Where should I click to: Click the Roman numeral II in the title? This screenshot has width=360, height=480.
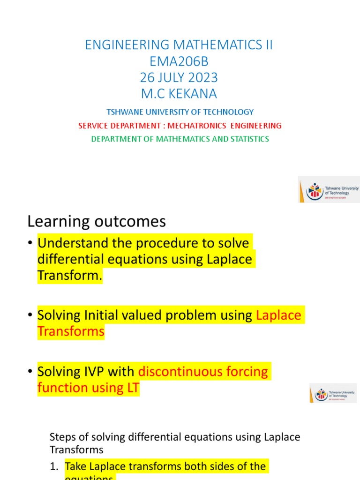click(x=267, y=45)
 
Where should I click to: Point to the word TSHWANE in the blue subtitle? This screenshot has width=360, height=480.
click(x=122, y=112)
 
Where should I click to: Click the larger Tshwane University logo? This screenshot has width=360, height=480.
click(x=329, y=190)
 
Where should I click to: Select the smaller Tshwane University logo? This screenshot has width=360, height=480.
click(x=333, y=393)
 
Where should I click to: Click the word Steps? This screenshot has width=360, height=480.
click(x=61, y=437)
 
